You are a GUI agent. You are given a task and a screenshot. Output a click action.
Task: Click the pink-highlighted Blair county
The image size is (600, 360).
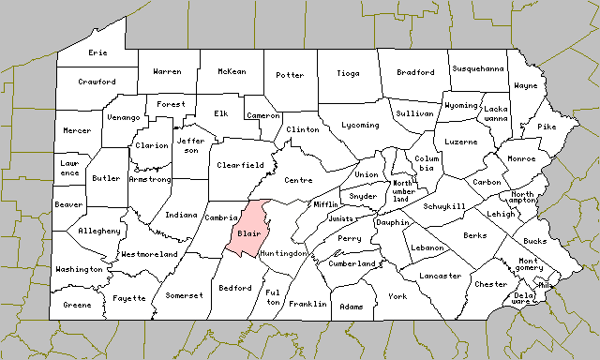coord(248,232)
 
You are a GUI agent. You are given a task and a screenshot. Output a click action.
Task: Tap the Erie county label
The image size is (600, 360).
coord(97,53)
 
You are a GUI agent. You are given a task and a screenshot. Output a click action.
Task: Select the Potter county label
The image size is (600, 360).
coord(290,75)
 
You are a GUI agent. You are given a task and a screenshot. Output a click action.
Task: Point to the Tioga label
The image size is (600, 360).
coord(348,72)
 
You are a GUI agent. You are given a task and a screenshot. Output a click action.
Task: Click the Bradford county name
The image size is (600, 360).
coord(415,72)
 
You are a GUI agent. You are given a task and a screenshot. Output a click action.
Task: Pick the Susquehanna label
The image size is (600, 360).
coord(478,68)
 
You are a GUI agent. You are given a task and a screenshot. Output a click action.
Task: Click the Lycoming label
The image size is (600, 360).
coord(361,125)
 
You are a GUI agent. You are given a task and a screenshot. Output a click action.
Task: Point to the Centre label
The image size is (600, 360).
coord(298,179)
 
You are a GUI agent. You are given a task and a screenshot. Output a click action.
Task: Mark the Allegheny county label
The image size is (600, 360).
coord(99,231)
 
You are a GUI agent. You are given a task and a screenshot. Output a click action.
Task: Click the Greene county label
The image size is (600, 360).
coord(77,305)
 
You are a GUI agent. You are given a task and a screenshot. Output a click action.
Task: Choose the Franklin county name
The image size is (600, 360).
coord(307,304)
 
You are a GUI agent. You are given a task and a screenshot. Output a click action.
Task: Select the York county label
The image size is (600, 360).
coord(397,296)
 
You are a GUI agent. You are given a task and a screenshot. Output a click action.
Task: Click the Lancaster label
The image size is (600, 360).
coord(441,276)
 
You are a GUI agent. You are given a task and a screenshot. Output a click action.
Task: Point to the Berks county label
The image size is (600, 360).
coord(474,235)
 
